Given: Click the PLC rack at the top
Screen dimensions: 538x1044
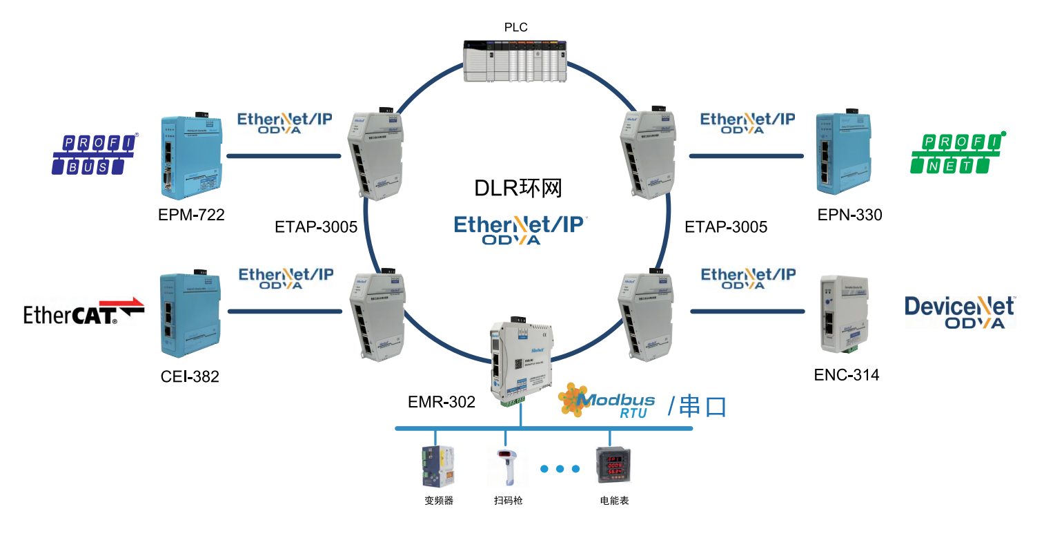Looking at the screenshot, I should (514, 61).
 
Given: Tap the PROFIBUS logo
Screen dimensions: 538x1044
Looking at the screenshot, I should (95, 154).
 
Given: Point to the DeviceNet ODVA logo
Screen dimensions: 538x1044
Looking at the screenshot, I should (960, 313).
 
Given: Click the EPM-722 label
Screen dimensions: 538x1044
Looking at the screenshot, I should (191, 215).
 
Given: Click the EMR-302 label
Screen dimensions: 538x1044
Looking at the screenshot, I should (442, 401).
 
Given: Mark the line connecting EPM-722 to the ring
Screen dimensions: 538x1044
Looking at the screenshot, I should (283, 156).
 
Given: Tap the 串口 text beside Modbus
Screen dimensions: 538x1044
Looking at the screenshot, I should (702, 406).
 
